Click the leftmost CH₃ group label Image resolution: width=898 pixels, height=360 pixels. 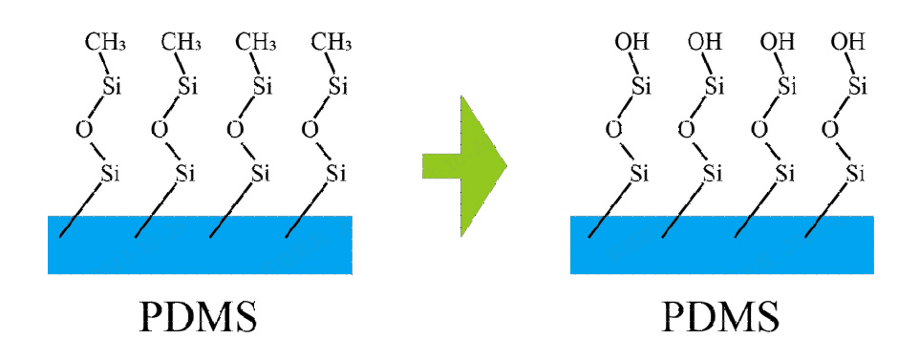click(106, 41)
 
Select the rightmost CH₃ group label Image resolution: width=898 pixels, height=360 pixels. click(333, 41)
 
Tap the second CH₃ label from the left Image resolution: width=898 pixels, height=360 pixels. click(182, 41)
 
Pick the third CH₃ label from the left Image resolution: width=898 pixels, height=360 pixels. click(257, 41)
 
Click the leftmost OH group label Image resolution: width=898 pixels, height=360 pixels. click(630, 41)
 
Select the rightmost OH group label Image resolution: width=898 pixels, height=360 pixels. click(848, 41)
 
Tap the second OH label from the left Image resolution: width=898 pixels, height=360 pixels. click(704, 41)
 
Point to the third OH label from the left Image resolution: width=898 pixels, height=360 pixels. click(777, 41)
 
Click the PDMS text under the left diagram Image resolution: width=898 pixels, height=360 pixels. click(200, 316)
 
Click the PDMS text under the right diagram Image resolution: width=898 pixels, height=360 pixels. click(722, 316)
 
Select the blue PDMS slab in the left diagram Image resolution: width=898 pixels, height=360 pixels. click(200, 244)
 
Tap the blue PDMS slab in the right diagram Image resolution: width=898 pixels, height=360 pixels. click(722, 244)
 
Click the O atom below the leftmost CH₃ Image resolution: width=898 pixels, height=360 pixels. click(83, 129)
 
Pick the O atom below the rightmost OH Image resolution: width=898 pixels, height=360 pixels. click(830, 129)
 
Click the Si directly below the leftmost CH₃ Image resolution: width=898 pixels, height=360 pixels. click(113, 86)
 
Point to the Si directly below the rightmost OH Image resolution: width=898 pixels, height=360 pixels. click(857, 86)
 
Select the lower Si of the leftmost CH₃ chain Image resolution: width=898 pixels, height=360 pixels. click(112, 173)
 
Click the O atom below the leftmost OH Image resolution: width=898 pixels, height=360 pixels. click(612, 129)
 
